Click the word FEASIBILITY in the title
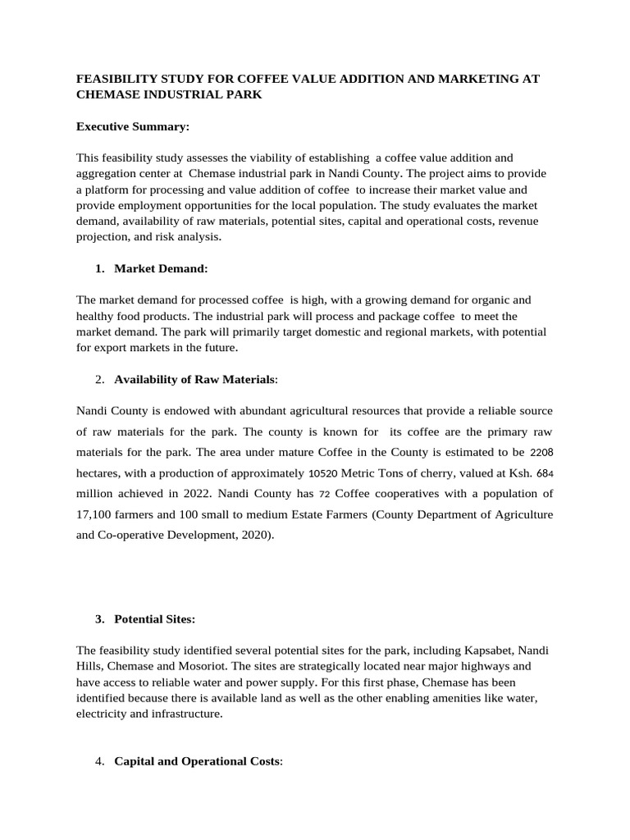coord(115,80)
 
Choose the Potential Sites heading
coord(155,619)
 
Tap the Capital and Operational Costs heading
coord(197,762)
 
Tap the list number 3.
coord(101,619)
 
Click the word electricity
coord(106,714)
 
